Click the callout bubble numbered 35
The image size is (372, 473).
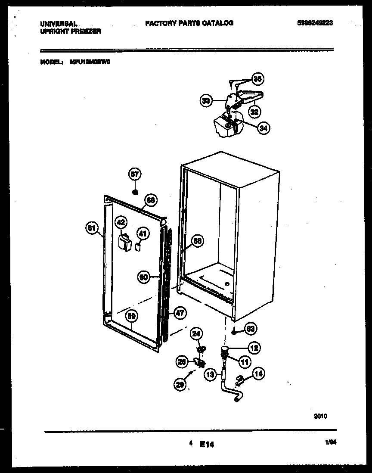point(257,79)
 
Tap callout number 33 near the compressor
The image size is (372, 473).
point(206,101)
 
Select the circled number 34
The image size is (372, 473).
point(263,127)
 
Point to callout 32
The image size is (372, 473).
point(254,112)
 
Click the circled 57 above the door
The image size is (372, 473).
point(135,174)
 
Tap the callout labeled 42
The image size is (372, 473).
point(121,223)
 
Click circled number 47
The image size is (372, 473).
point(180,313)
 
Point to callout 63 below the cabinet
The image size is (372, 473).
point(250,329)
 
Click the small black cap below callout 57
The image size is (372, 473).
point(135,191)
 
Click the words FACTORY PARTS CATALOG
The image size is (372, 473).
point(189,23)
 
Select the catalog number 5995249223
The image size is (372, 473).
point(315,23)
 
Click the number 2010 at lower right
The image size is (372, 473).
point(320,416)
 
